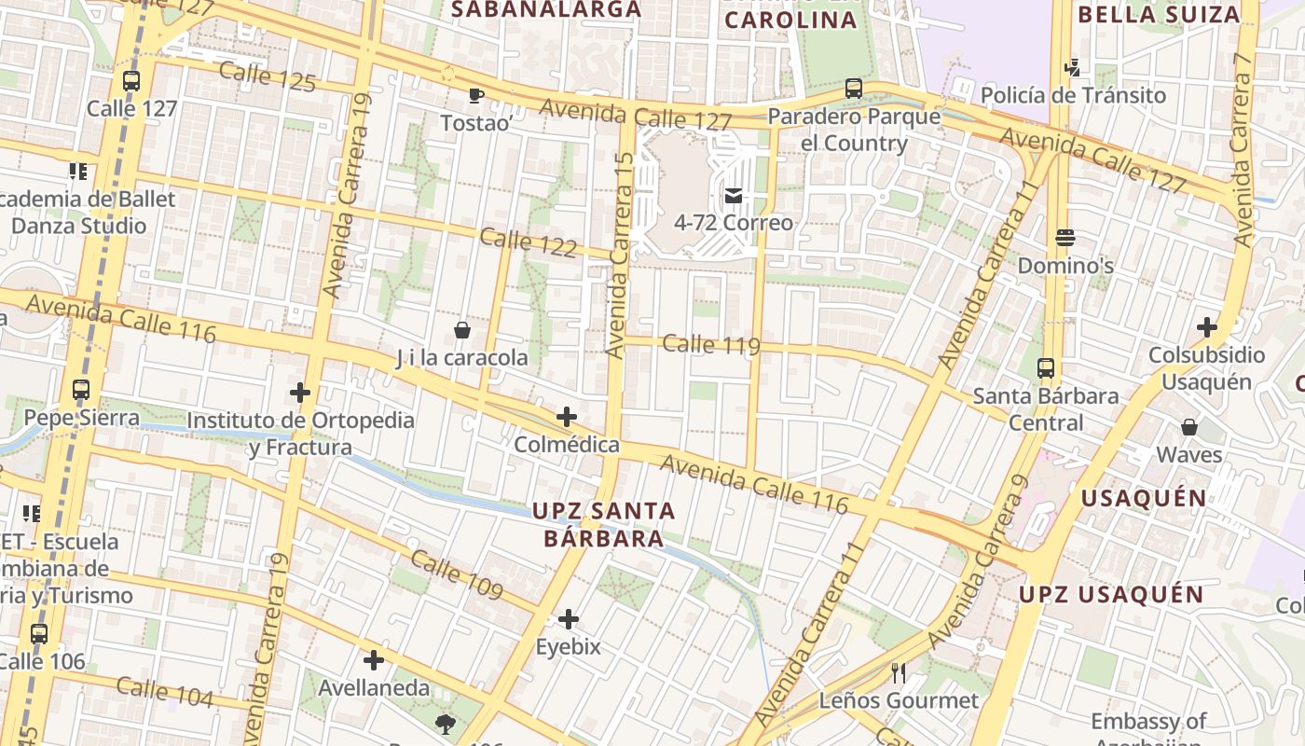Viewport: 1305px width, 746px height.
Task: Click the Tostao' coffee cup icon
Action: click(475, 95)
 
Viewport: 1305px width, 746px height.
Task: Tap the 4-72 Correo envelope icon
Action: click(734, 196)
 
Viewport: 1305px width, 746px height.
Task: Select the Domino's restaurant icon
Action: click(1065, 238)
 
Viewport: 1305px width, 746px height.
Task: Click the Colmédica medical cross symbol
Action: click(566, 417)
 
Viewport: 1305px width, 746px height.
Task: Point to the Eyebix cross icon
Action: click(568, 619)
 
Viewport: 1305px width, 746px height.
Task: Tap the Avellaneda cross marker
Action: click(374, 661)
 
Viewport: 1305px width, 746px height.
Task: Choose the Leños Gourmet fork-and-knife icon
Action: click(899, 672)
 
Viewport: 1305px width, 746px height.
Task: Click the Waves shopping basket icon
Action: click(1188, 427)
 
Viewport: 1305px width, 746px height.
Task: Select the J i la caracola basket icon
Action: click(461, 330)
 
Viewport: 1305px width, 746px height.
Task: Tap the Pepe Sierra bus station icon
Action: click(81, 390)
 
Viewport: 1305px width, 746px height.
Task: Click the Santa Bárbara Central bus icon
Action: click(1046, 368)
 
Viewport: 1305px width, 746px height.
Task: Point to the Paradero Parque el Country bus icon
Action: click(853, 89)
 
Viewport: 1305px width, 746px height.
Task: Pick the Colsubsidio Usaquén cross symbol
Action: click(1207, 327)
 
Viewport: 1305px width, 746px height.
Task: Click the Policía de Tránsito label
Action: click(1073, 95)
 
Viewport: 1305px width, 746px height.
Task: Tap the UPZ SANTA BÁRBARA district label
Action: click(603, 524)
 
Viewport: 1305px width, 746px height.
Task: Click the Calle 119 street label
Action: click(710, 345)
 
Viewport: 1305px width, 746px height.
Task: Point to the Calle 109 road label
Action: click(457, 575)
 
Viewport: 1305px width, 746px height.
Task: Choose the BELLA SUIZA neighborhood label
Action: click(1159, 15)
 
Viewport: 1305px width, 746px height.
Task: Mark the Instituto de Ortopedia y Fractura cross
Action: click(299, 393)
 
